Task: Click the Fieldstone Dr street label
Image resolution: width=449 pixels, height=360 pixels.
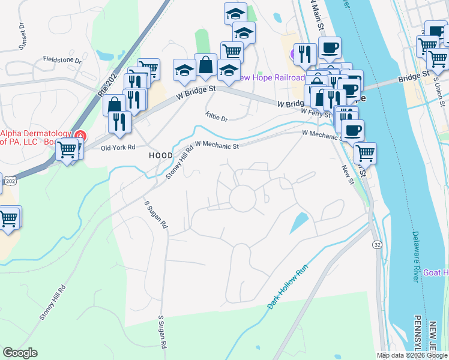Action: click(62, 59)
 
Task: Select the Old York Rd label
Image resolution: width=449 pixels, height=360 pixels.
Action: click(118, 148)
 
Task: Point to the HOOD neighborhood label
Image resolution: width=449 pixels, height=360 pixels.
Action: click(160, 155)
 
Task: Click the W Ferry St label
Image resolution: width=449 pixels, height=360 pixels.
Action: click(316, 112)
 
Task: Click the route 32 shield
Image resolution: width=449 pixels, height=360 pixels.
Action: click(376, 245)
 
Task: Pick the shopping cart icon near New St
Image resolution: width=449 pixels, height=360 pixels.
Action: click(365, 153)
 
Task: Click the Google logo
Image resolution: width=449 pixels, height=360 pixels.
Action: click(20, 353)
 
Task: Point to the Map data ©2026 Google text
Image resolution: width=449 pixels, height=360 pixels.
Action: click(412, 355)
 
